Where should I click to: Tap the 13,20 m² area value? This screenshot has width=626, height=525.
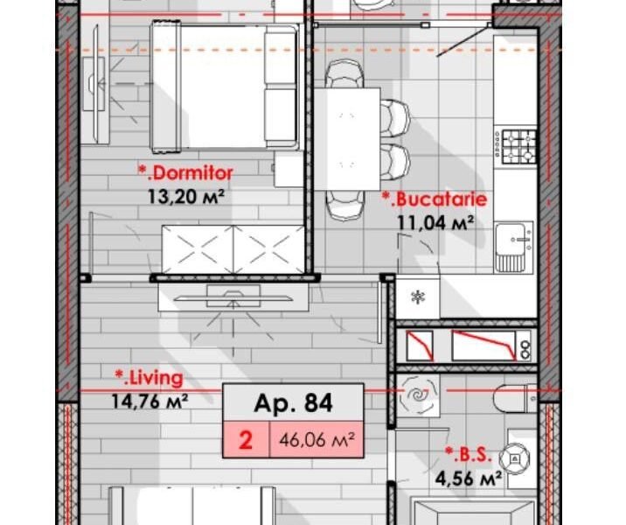[184, 195]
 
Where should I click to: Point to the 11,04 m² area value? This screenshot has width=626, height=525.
[435, 222]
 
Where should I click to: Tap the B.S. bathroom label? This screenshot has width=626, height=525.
[471, 454]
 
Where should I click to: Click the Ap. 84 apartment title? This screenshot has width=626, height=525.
[293, 403]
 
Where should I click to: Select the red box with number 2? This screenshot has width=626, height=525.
[246, 440]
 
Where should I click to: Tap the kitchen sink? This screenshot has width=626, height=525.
[512, 246]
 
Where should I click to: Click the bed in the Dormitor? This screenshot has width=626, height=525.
[222, 87]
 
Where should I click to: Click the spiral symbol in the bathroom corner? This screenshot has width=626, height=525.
[419, 398]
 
